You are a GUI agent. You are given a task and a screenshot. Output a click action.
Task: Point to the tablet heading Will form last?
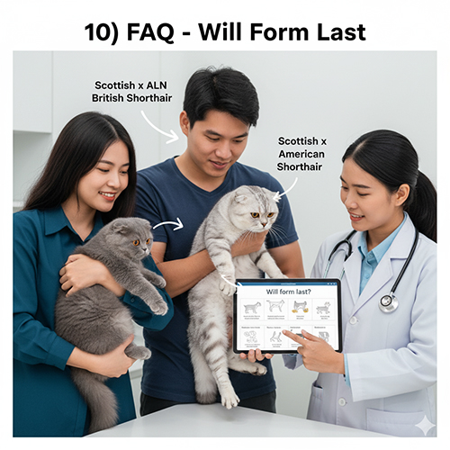(287, 292)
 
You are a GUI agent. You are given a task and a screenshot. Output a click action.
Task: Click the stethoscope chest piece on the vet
(389, 302)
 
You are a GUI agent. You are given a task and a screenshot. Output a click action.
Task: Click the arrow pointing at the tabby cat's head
(283, 189)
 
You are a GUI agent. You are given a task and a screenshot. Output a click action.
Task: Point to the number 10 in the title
(101, 33)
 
